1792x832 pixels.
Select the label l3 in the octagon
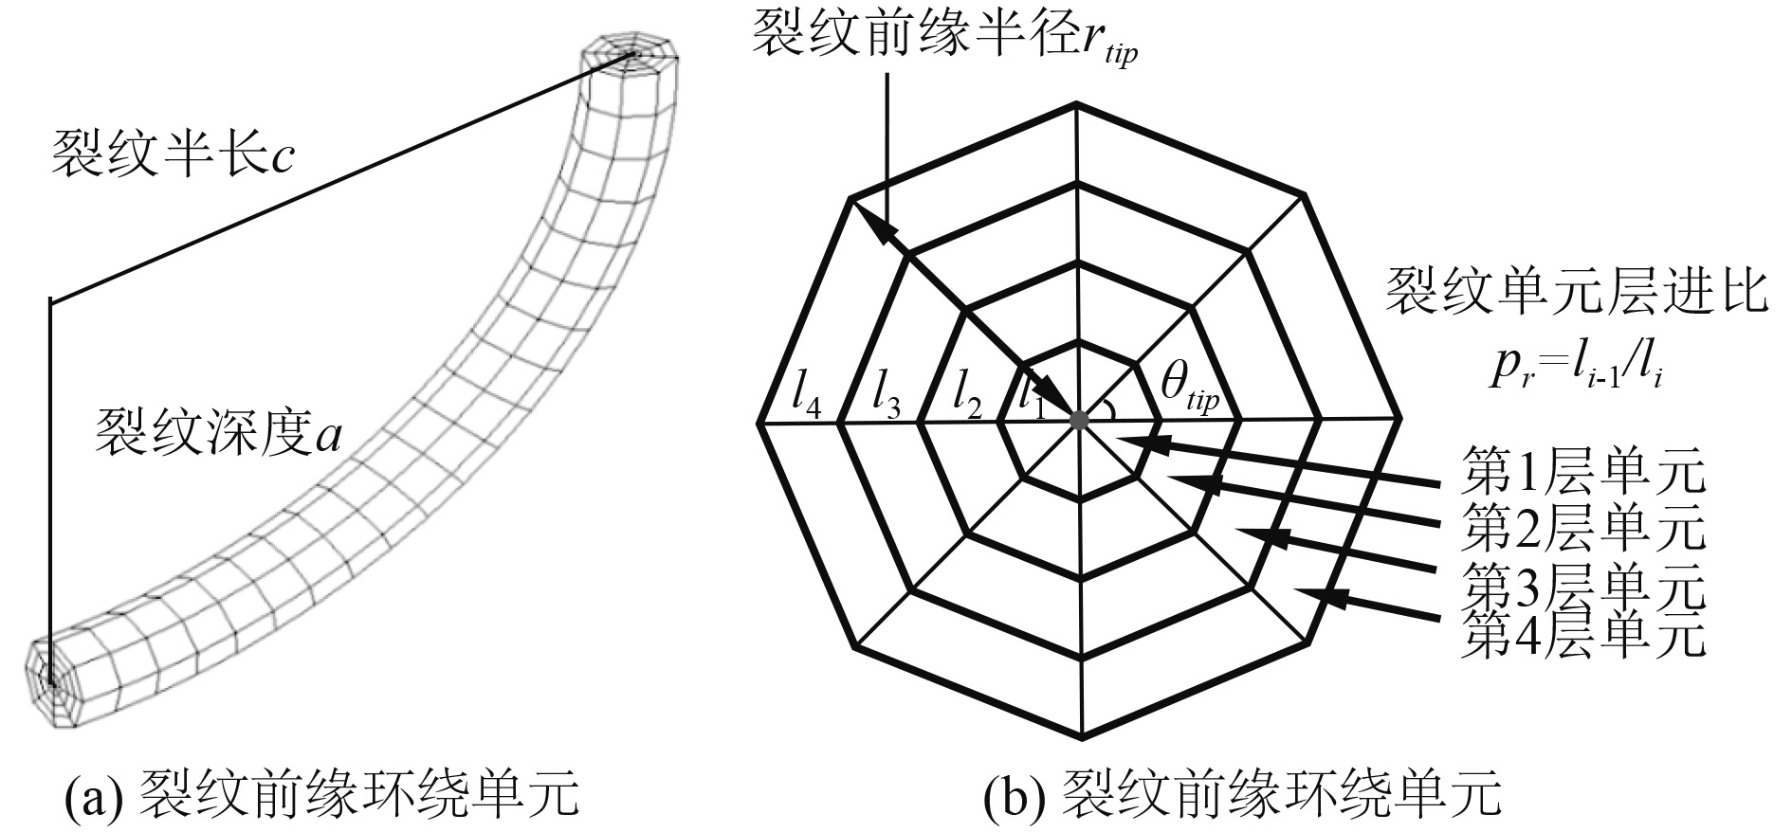886,401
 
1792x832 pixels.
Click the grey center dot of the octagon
1078,418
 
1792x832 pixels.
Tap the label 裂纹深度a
218,436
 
